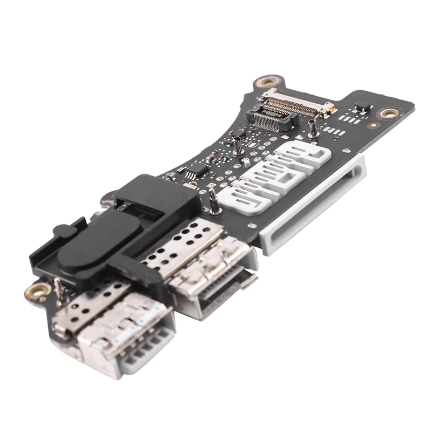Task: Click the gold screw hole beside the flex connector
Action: click(x=265, y=81)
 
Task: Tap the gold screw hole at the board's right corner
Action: click(x=389, y=114)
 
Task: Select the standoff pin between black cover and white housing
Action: click(x=214, y=201)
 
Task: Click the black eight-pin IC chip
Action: click(x=198, y=171)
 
